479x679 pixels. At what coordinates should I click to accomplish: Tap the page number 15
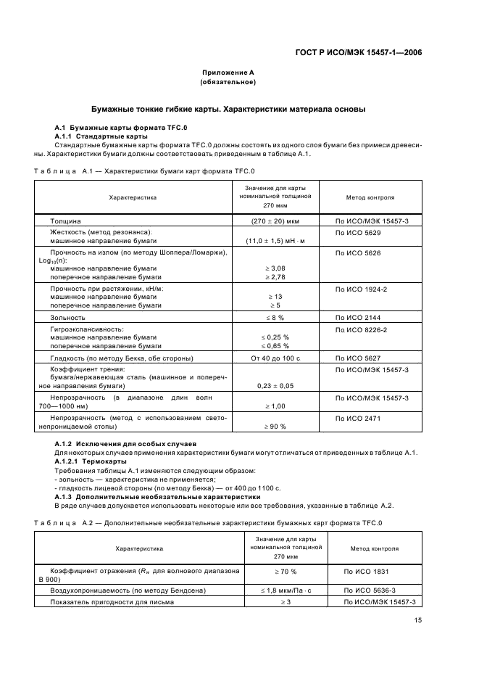(418, 620)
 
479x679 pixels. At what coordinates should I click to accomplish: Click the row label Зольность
(67, 318)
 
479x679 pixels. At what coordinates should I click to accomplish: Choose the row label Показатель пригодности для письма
(112, 602)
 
